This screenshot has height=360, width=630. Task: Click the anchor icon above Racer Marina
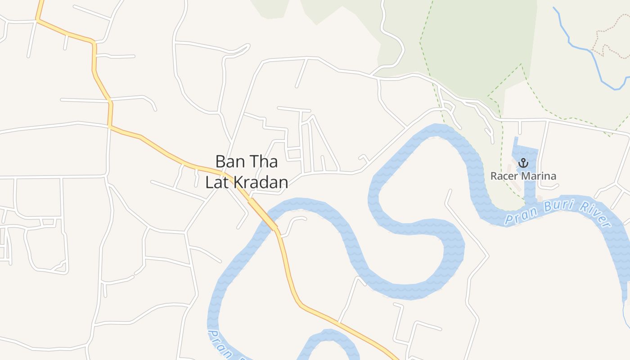point(523,163)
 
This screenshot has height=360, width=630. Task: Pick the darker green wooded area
point(477,40)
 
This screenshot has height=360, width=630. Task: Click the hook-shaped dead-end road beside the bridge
point(295,220)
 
